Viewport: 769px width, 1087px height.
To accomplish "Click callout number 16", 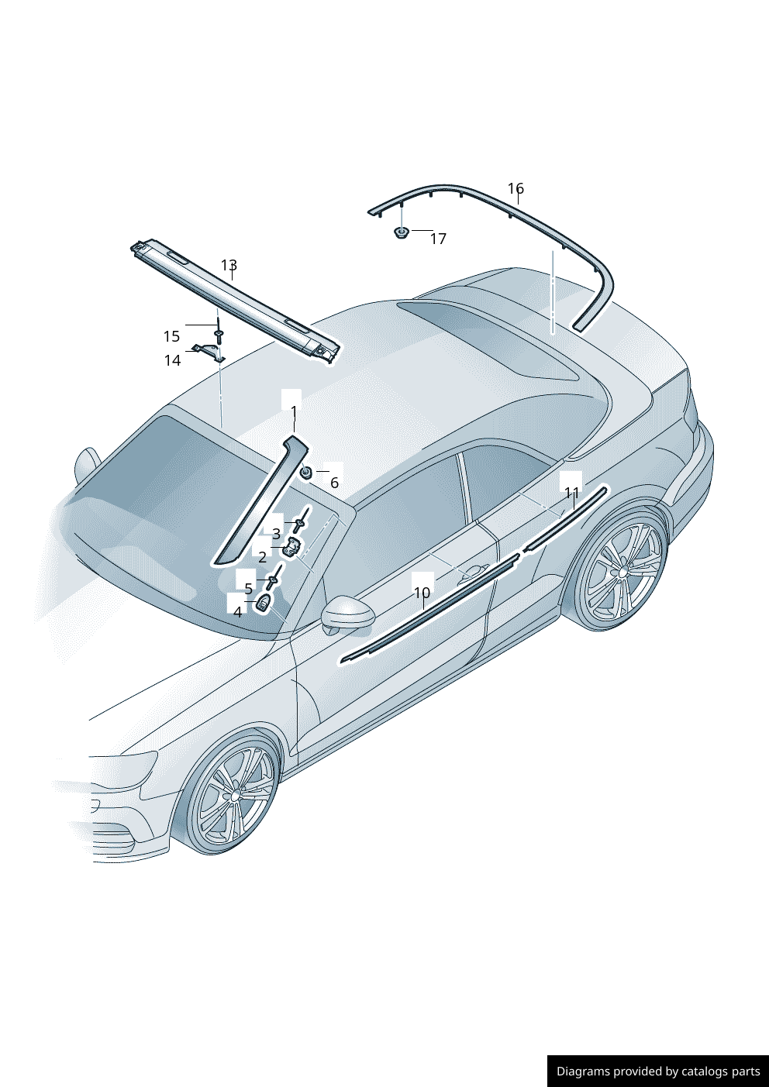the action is point(516,187).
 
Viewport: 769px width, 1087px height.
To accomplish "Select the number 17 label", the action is point(438,239).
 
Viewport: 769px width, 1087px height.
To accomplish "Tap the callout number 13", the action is point(229,265).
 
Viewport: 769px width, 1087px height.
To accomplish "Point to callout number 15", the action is point(171,335).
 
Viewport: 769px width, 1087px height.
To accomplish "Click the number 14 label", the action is point(172,360).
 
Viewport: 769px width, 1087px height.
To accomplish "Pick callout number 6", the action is point(334,483).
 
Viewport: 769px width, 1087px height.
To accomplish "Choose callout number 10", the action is point(422,593).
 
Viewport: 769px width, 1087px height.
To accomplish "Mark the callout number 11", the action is point(572,493).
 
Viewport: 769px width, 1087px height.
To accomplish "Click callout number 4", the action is point(237,612).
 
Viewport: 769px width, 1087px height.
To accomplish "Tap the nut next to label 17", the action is point(401,232).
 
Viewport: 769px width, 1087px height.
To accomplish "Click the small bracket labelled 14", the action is point(210,352).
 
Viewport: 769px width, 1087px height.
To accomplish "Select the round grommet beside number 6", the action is point(306,472).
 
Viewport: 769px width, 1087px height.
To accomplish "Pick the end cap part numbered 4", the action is point(263,604).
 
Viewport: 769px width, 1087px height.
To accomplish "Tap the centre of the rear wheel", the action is point(622,572).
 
